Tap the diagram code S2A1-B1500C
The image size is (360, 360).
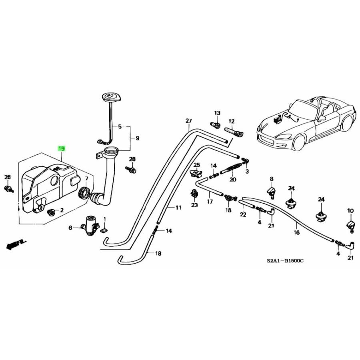click(x=285, y=260)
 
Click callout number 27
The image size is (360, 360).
click(x=188, y=121)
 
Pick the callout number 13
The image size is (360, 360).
click(x=217, y=113)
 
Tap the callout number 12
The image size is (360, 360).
click(x=231, y=121)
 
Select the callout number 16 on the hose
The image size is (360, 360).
click(x=296, y=232)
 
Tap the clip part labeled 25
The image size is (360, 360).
click(x=196, y=173)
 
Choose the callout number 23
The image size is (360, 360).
click(x=194, y=205)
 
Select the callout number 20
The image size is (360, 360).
click(x=233, y=179)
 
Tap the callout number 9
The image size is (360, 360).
click(x=137, y=138)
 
